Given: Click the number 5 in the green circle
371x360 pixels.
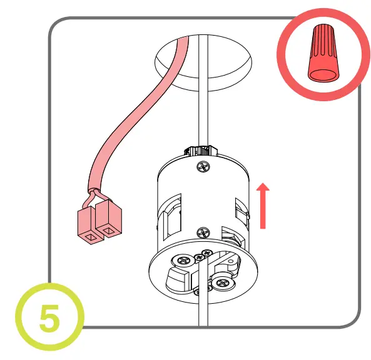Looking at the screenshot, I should coord(48,318).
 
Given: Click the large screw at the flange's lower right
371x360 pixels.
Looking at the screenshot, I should coord(223,282).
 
